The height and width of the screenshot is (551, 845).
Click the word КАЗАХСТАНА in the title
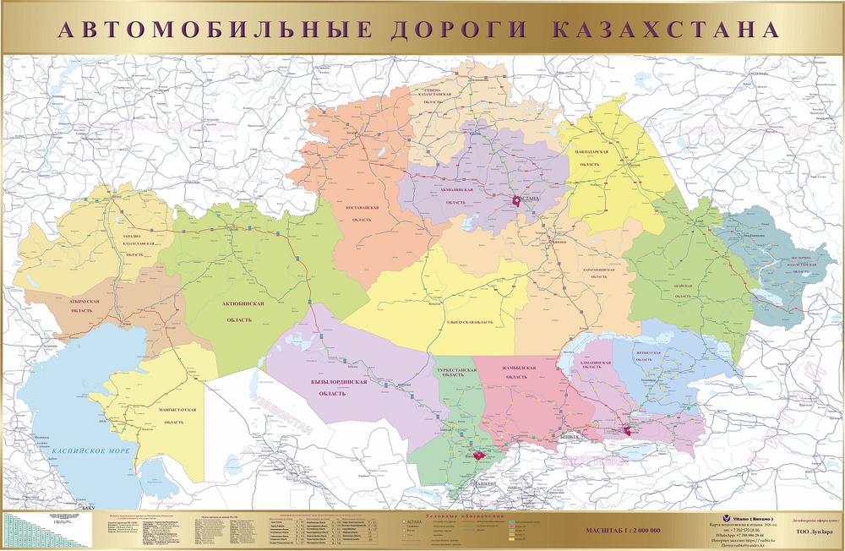[665, 29]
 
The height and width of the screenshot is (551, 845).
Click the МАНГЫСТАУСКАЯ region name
[177, 410]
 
